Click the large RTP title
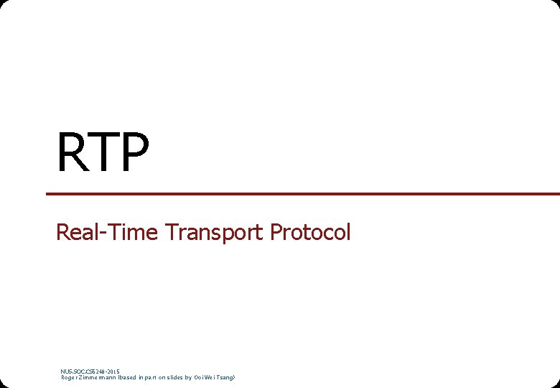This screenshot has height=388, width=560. pyautogui.click(x=103, y=152)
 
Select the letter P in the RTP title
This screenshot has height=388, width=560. pyautogui.click(x=134, y=152)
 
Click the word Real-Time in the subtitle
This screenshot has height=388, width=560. pyautogui.click(x=107, y=232)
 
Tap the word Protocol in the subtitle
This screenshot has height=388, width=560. pyautogui.click(x=310, y=232)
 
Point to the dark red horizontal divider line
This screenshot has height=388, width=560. pyautogui.click(x=302, y=194)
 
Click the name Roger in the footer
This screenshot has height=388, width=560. pyautogui.click(x=68, y=377)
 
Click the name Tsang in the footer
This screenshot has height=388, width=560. pyautogui.click(x=225, y=377)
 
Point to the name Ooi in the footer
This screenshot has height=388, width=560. pyautogui.click(x=198, y=377)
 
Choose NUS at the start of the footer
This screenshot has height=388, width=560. pyautogui.click(x=65, y=371)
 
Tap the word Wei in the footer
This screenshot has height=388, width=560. pyautogui.click(x=210, y=377)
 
